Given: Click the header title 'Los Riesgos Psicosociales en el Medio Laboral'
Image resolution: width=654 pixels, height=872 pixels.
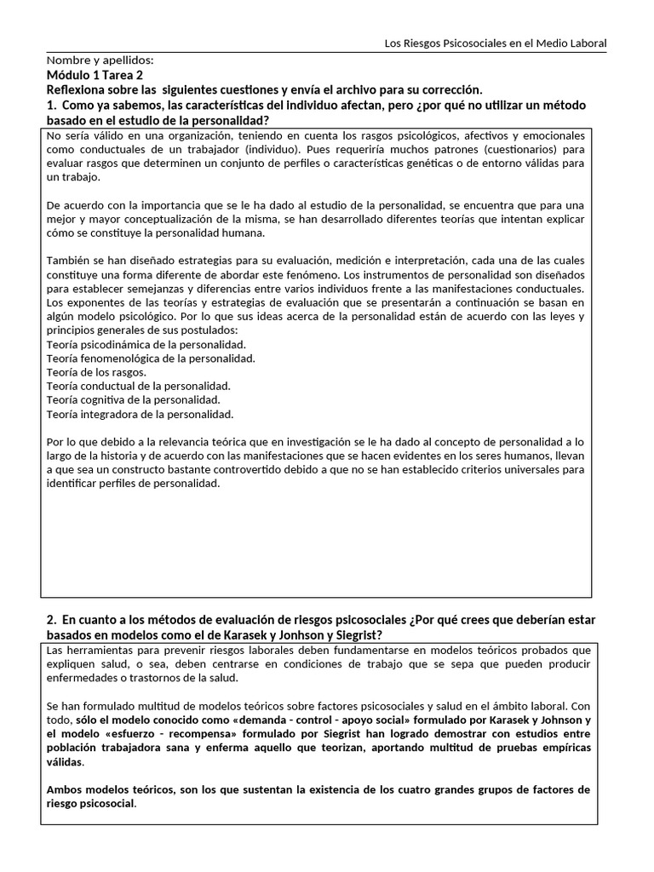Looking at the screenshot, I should pyautogui.click(x=496, y=43).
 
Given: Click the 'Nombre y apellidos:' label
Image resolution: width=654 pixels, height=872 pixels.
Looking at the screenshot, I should pyautogui.click(x=100, y=60).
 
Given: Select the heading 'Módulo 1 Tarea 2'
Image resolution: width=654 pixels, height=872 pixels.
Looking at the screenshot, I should pyautogui.click(x=96, y=75).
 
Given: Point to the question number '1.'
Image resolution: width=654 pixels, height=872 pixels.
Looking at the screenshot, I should pyautogui.click(x=51, y=105).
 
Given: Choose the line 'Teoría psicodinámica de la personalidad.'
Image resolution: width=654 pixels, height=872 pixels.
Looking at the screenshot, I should pyautogui.click(x=146, y=344).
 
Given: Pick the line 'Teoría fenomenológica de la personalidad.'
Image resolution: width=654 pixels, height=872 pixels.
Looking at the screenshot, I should pyautogui.click(x=151, y=359).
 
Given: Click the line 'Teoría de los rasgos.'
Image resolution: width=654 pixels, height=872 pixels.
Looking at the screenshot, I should pyautogui.click(x=96, y=372).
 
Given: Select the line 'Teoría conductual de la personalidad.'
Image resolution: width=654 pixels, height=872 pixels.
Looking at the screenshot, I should pyautogui.click(x=139, y=386).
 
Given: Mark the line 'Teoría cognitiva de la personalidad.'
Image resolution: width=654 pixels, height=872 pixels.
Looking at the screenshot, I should pyautogui.click(x=134, y=399).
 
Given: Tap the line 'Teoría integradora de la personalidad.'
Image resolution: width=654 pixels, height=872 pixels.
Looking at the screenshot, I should pyautogui.click(x=140, y=414).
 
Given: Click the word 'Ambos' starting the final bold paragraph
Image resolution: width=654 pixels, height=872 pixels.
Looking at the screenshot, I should pyautogui.click(x=65, y=789).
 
